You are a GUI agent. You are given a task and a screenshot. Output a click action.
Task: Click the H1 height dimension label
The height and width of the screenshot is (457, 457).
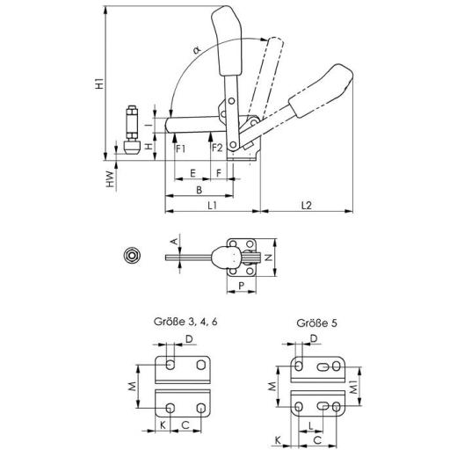pyautogui.click(x=100, y=83)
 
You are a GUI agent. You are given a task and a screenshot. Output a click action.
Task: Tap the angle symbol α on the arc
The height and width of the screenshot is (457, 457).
pyautogui.click(x=197, y=50)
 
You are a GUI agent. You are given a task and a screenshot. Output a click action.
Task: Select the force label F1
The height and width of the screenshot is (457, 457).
pyautogui.click(x=180, y=149)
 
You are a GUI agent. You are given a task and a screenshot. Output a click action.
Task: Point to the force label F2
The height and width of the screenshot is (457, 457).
pyautogui.click(x=217, y=149)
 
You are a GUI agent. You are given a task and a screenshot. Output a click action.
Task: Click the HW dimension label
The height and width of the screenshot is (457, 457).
pyautogui.click(x=110, y=179)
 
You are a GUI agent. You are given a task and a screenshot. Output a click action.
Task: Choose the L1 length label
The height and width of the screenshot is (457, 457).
pyautogui.click(x=212, y=206)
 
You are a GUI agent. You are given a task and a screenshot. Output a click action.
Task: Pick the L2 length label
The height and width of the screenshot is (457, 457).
pyautogui.click(x=307, y=206)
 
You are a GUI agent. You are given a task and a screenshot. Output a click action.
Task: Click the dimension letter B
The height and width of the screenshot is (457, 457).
pyautogui.click(x=199, y=190)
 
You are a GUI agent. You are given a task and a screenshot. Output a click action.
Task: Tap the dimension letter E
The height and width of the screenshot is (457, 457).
pyautogui.click(x=192, y=173)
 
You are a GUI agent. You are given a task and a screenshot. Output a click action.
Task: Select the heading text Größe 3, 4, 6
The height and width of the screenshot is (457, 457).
pyautogui.click(x=185, y=322)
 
